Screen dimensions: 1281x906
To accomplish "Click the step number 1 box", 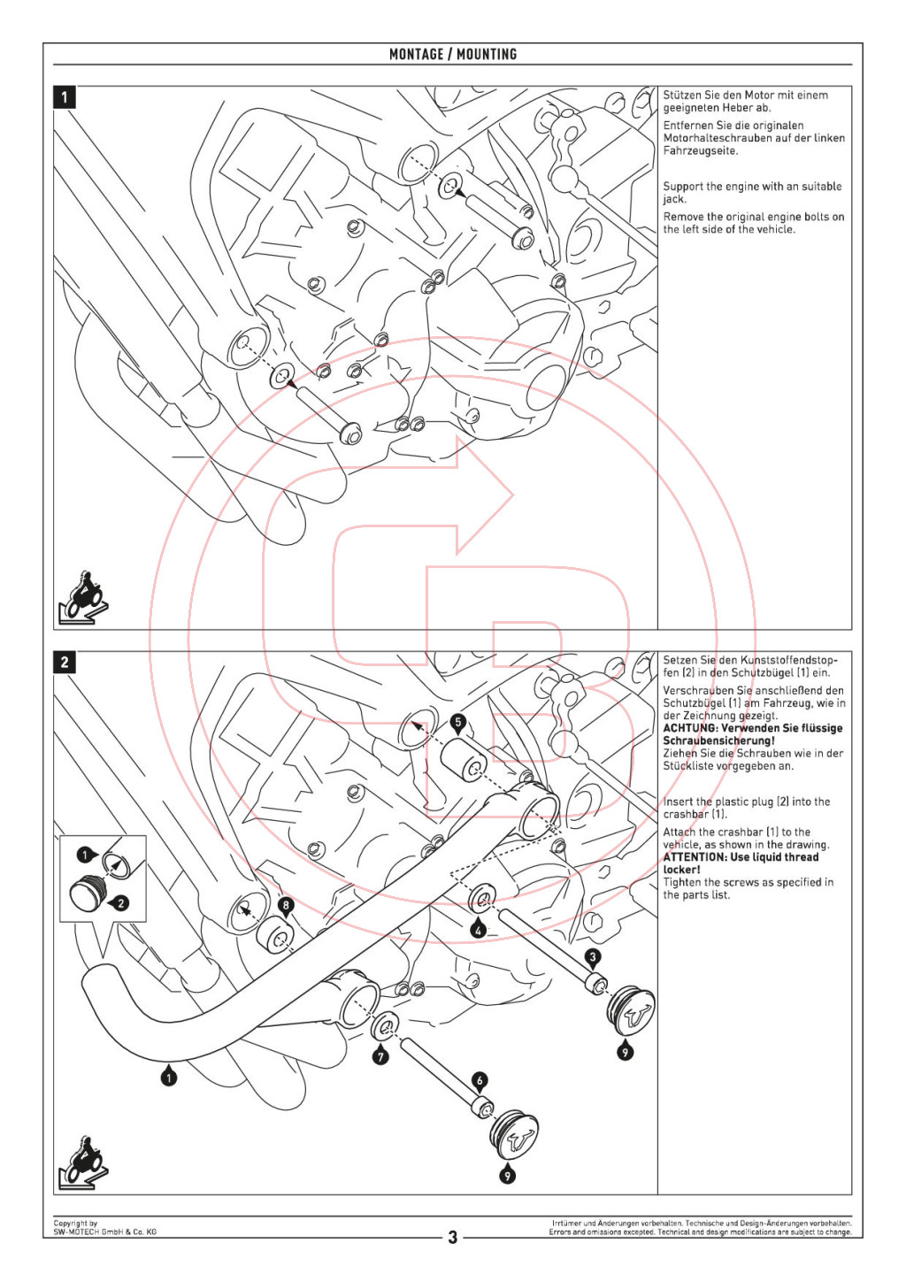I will coord(65,96).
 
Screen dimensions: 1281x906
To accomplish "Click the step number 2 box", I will coord(65,662).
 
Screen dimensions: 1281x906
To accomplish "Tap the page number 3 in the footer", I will coord(453,1237).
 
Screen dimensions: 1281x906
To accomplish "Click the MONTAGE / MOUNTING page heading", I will coord(453,54).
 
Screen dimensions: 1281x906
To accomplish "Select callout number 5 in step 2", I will coord(457,722).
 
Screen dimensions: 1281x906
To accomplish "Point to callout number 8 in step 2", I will coord(285,905).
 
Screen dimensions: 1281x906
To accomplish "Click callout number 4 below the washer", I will coord(479,930).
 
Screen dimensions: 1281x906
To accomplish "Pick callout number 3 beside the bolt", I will coord(593,956).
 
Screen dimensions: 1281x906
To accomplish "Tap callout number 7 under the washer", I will coord(380,1056).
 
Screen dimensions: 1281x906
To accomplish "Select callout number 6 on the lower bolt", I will coord(480,1080).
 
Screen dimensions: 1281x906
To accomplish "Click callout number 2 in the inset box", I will coord(121,903).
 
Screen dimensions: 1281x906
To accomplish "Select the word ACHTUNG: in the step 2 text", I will coord(691,728).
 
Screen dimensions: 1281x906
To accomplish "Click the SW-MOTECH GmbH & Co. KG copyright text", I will coord(104,1231).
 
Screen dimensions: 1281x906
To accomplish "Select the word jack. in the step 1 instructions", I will coord(674,199).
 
